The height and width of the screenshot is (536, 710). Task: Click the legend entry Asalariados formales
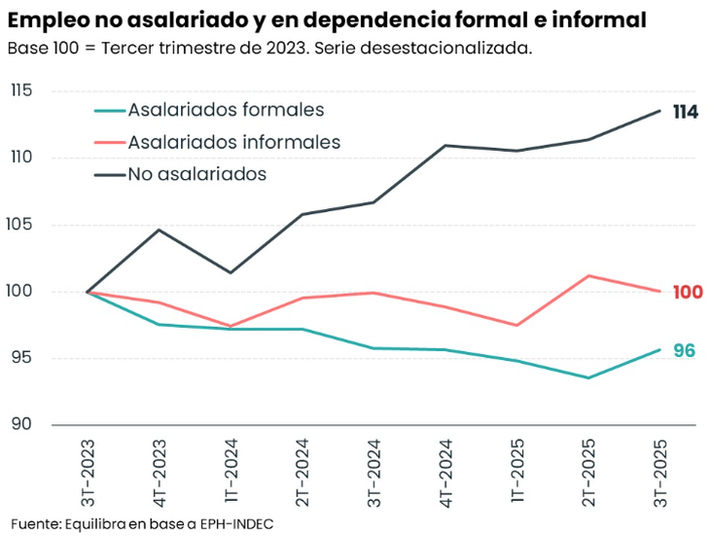point(226,111)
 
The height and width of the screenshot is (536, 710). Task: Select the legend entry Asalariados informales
point(233,142)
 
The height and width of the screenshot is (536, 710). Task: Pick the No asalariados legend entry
point(196,174)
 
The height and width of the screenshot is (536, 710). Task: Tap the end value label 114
point(685,113)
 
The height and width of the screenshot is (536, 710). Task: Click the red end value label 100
point(687,292)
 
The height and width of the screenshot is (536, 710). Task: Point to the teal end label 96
point(685,351)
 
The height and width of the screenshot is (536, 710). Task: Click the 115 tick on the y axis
point(20,91)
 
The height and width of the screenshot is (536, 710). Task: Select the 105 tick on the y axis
point(20,225)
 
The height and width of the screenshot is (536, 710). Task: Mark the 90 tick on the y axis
point(20,425)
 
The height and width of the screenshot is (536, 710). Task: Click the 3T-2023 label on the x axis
point(88,471)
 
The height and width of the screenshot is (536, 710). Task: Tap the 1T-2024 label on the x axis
point(231,471)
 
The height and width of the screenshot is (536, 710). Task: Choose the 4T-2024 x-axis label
point(445,471)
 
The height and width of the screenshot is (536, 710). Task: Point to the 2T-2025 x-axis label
point(588,471)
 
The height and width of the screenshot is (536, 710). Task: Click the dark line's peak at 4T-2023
point(160,230)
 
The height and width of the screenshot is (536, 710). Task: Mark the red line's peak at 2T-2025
point(588,275)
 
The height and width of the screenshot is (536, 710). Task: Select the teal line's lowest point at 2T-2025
point(588,377)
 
